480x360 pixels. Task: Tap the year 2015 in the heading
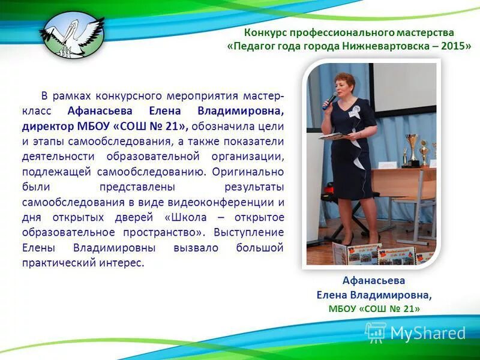[x=456, y=47]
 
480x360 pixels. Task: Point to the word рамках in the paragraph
[x=69, y=96]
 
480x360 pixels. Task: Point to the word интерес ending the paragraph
[x=124, y=262]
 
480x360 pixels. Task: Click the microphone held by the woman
[x=329, y=100]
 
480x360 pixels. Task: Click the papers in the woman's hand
[x=332, y=136]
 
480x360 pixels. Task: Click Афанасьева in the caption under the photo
[x=374, y=280]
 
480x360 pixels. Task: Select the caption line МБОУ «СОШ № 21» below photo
[x=374, y=308]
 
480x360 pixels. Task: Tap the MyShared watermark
[x=416, y=332]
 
